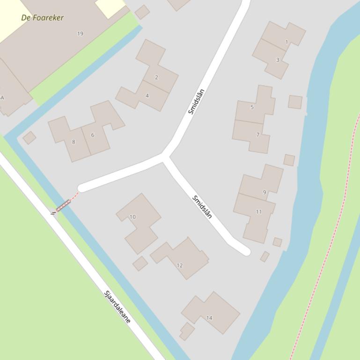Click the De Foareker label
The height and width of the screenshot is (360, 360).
(42, 18)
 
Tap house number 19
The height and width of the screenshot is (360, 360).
(80, 34)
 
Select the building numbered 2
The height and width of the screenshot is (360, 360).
(156, 77)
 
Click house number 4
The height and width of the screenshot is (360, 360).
(147, 96)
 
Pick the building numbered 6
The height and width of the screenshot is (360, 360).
(93, 135)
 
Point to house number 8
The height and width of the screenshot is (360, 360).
(73, 142)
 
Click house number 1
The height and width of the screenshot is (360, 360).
(287, 42)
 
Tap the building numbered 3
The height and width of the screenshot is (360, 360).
(278, 60)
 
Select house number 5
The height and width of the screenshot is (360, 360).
(252, 107)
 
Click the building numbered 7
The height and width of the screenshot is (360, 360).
(257, 135)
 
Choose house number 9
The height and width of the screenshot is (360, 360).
(264, 192)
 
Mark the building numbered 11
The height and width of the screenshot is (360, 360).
(259, 212)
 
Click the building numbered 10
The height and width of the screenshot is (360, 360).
(132, 217)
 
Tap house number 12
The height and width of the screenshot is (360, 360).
(180, 265)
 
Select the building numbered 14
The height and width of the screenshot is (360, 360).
(209, 318)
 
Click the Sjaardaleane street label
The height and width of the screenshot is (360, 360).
(118, 307)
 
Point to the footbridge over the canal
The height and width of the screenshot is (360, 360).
(63, 206)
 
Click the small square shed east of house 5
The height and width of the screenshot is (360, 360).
(295, 101)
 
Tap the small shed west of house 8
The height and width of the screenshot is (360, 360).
(29, 137)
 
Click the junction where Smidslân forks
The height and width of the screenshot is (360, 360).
(164, 156)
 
